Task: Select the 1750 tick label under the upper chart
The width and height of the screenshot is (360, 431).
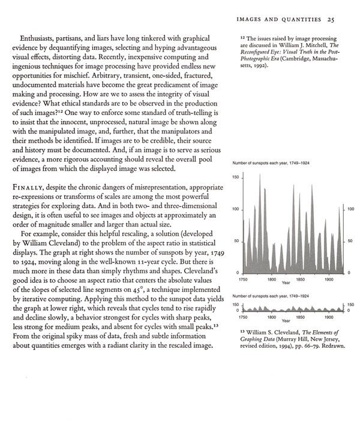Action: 243,279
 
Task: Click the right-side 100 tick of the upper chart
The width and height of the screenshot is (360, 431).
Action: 350,209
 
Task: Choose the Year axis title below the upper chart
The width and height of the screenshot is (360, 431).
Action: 286,283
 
